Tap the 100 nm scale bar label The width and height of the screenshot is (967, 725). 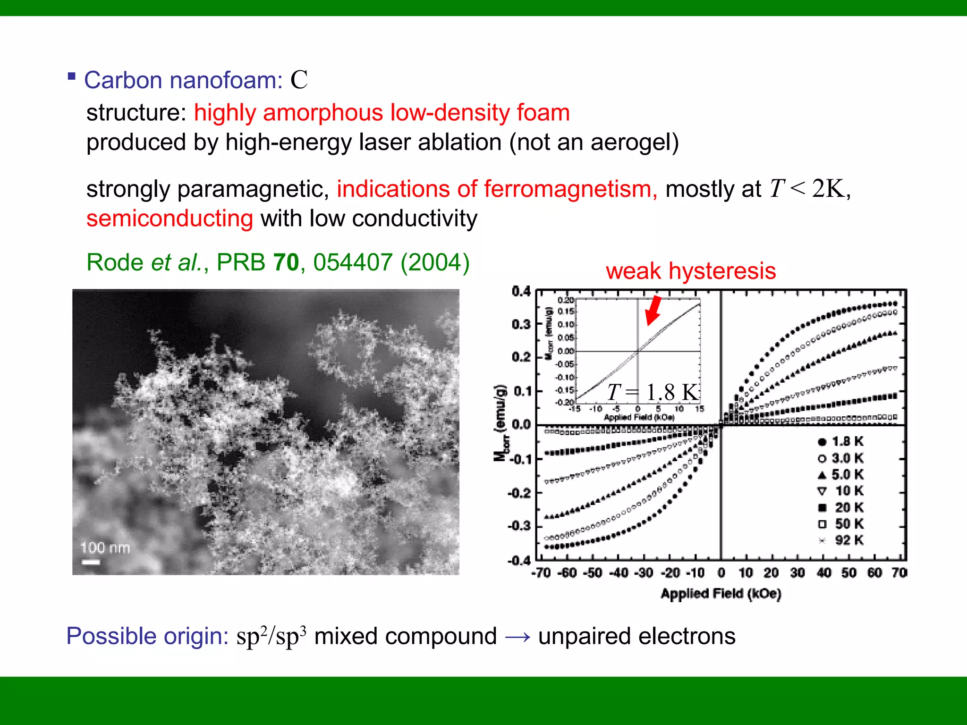pyautogui.click(x=105, y=548)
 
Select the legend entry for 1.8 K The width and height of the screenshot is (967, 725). pyautogui.click(x=840, y=442)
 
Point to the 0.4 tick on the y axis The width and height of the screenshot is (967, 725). pyautogui.click(x=521, y=291)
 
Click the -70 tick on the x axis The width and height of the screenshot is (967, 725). pyautogui.click(x=541, y=573)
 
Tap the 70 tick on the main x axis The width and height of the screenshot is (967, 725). pyautogui.click(x=899, y=573)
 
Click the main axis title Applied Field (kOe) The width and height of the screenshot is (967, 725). pyautogui.click(x=721, y=594)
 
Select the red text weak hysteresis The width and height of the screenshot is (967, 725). pyautogui.click(x=691, y=271)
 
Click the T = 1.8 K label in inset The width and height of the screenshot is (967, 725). pyautogui.click(x=653, y=392)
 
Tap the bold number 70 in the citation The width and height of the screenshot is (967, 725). pyautogui.click(x=286, y=262)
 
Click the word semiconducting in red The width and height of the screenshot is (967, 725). pyautogui.click(x=170, y=219)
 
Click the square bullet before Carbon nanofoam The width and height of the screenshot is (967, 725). pyautogui.click(x=72, y=76)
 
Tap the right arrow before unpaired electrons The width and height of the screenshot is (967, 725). pyautogui.click(x=517, y=637)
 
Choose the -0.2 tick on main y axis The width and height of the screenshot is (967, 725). pyautogui.click(x=519, y=494)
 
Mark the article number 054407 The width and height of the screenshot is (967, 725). pyautogui.click(x=353, y=262)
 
